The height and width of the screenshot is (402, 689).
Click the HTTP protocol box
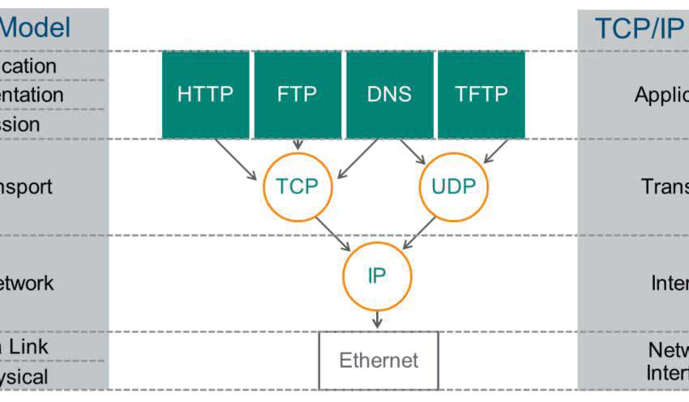coord(206,95)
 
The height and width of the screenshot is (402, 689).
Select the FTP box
coord(297,95)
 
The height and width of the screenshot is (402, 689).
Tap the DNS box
coord(389,95)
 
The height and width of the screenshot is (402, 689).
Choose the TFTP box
coord(481,95)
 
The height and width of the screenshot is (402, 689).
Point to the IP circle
coord(376,276)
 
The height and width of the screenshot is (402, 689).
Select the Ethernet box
coord(378,360)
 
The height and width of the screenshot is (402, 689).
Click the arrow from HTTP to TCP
coord(238,160)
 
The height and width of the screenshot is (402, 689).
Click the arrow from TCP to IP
coord(333,233)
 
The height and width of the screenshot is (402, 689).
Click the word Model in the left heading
coord(36,28)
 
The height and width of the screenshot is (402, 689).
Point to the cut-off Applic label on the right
coord(661,95)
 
